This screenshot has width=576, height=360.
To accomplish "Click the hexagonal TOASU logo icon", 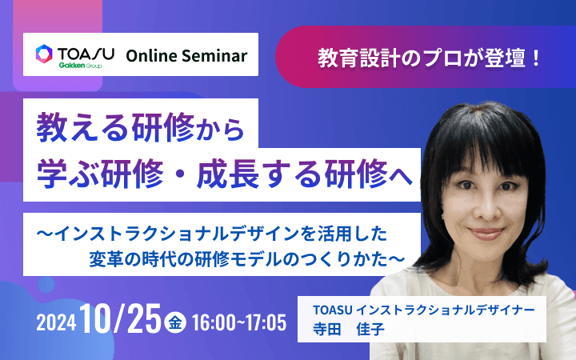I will coord(45,54).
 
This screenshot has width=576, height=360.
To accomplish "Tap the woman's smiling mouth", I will coord(490,233).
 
